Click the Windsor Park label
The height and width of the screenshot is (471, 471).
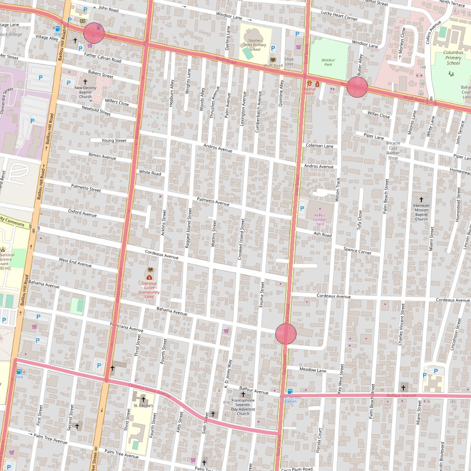tap(328, 62)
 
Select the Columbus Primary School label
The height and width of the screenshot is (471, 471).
tap(453, 57)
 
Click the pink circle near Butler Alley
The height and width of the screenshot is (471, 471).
tap(357, 87)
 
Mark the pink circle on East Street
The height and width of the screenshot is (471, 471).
tap(286, 334)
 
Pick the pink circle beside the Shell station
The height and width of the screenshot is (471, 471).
tap(94, 33)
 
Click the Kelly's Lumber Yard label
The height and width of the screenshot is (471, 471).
tap(320, 219)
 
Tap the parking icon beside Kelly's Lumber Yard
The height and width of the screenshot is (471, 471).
tap(302, 208)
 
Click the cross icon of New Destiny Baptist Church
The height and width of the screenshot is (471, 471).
tap(85, 81)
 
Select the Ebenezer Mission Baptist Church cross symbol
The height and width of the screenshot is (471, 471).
tap(421, 199)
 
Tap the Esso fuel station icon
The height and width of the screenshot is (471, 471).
tap(19, 372)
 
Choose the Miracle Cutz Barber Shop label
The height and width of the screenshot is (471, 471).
tap(393, 150)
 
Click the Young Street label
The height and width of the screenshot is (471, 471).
tap(114, 140)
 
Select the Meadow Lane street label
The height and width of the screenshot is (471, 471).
tap(313, 370)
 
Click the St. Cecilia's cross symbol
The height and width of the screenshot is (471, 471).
tap(143, 399)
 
